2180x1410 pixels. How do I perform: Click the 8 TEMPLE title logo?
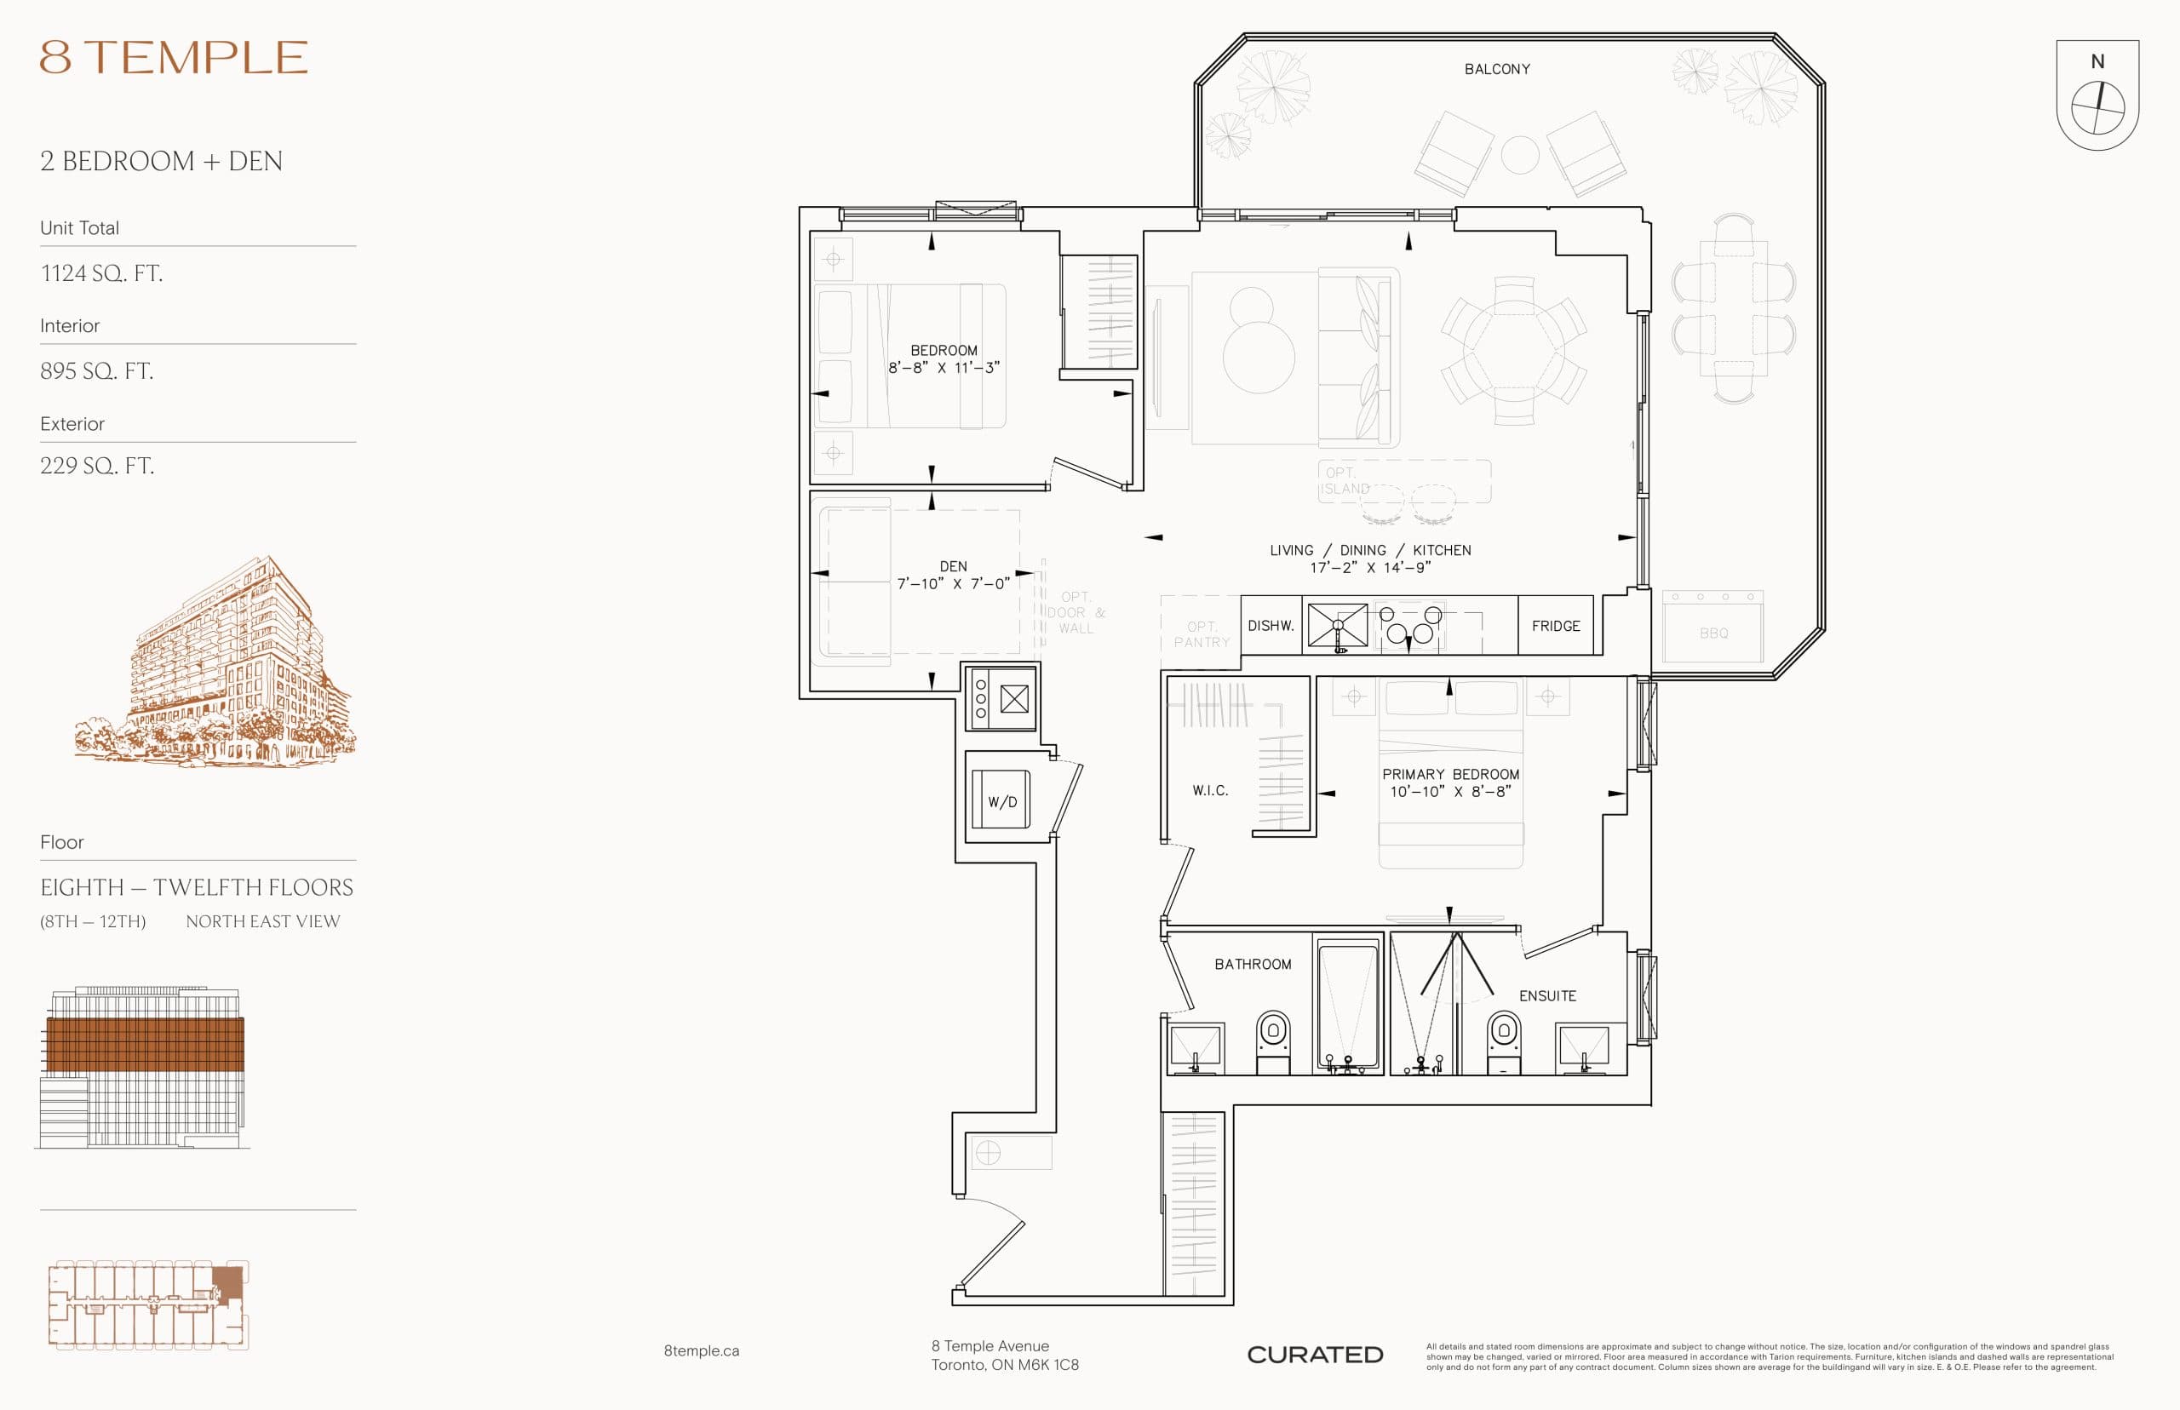coord(174,58)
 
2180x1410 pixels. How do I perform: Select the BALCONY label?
coord(1497,70)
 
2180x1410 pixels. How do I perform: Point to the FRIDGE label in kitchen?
coord(1556,627)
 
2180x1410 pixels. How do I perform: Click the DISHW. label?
coord(1271,627)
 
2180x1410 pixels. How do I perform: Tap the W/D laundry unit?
coord(1001,801)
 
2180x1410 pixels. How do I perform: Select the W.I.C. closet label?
coord(1209,790)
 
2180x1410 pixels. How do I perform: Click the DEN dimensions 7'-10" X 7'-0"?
coord(953,583)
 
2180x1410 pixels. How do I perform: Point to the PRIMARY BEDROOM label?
coord(1450,775)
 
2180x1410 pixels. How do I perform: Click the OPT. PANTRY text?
coord(1202,634)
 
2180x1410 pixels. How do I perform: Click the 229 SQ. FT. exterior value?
coord(97,466)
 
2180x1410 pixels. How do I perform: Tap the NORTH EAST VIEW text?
coord(263,922)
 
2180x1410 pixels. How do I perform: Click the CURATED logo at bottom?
coord(1315,1355)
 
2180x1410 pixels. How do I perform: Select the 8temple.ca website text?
coord(702,1350)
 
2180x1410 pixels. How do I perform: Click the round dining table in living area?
coord(1512,351)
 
